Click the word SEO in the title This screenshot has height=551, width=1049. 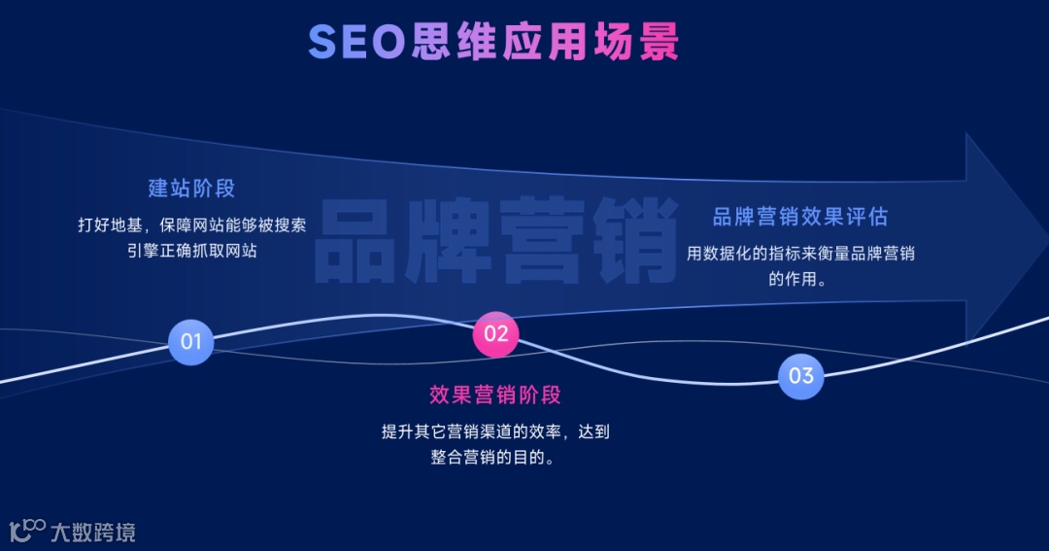click(355, 42)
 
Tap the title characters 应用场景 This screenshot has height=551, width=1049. click(590, 42)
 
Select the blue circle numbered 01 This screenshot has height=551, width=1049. click(190, 342)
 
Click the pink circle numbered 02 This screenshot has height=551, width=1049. click(495, 334)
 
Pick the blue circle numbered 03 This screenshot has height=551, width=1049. click(800, 376)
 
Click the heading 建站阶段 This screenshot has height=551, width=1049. click(191, 189)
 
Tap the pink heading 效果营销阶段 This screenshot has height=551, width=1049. click(495, 396)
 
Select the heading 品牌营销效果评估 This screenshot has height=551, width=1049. click(800, 217)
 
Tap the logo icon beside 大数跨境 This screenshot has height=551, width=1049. click(27, 531)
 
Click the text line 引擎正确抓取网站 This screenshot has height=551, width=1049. click(191, 250)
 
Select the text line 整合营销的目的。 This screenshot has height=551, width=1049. click(495, 457)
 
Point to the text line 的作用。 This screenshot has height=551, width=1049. click(800, 280)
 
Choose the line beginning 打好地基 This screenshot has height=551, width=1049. click(191, 224)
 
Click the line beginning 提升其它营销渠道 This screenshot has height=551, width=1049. click(495, 431)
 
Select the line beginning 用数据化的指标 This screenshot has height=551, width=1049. click(800, 254)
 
